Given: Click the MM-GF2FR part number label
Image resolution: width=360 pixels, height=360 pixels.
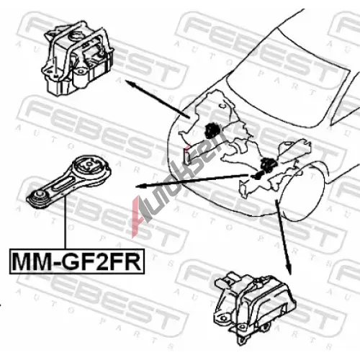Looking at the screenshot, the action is (77, 261).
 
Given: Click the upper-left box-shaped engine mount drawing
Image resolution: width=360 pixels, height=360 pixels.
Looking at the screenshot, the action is (78, 59).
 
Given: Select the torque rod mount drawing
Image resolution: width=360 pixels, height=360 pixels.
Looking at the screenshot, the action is (69, 181).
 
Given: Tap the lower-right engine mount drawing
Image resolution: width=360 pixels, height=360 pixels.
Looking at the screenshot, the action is (255, 307).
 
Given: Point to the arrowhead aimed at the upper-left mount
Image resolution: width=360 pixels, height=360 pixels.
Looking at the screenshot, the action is (130, 83).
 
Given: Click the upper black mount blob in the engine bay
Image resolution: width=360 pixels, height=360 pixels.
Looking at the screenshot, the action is (212, 130).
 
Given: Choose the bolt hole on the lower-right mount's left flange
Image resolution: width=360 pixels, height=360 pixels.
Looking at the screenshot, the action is (224, 318).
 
